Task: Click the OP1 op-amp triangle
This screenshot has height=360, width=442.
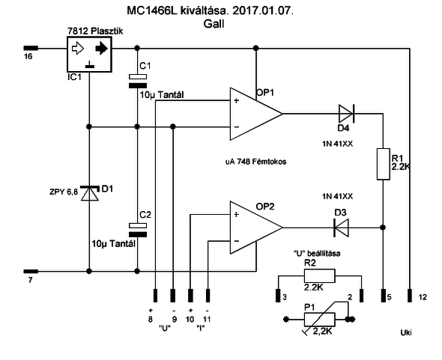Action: (x=255, y=114)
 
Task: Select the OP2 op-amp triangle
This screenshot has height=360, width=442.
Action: (x=255, y=228)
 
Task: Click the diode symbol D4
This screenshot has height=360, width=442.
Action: (x=345, y=114)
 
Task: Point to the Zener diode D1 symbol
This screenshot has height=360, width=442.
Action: (x=89, y=195)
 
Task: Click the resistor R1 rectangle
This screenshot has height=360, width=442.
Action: (x=383, y=164)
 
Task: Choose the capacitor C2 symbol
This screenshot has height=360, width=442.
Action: (x=136, y=228)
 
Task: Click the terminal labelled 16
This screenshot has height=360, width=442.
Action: (x=30, y=48)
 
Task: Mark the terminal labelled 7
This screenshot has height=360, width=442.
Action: (x=30, y=271)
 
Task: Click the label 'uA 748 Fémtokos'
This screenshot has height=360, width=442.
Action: (x=256, y=161)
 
